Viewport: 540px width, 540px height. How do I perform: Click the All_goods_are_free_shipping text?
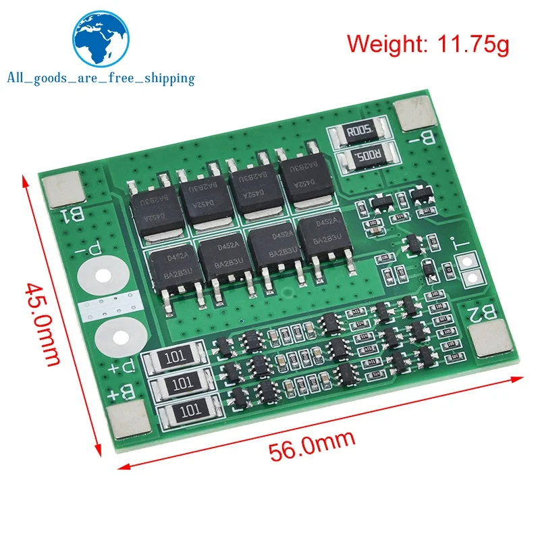[x=101, y=78]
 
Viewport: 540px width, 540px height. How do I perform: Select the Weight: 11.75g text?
[x=429, y=44]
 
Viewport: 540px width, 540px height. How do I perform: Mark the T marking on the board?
[x=465, y=247]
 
